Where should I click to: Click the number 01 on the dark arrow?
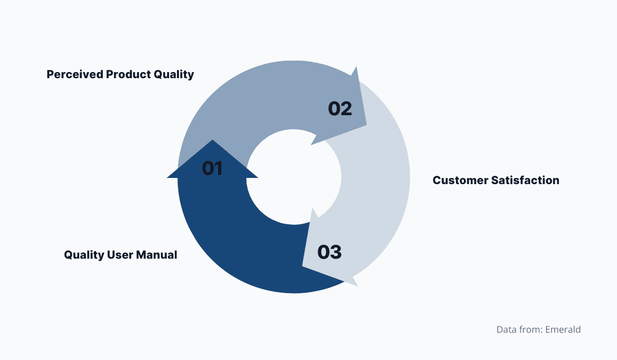point(212,168)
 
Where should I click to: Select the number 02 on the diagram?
point(340,109)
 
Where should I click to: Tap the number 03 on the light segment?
point(329,252)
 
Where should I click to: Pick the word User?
point(119,255)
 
